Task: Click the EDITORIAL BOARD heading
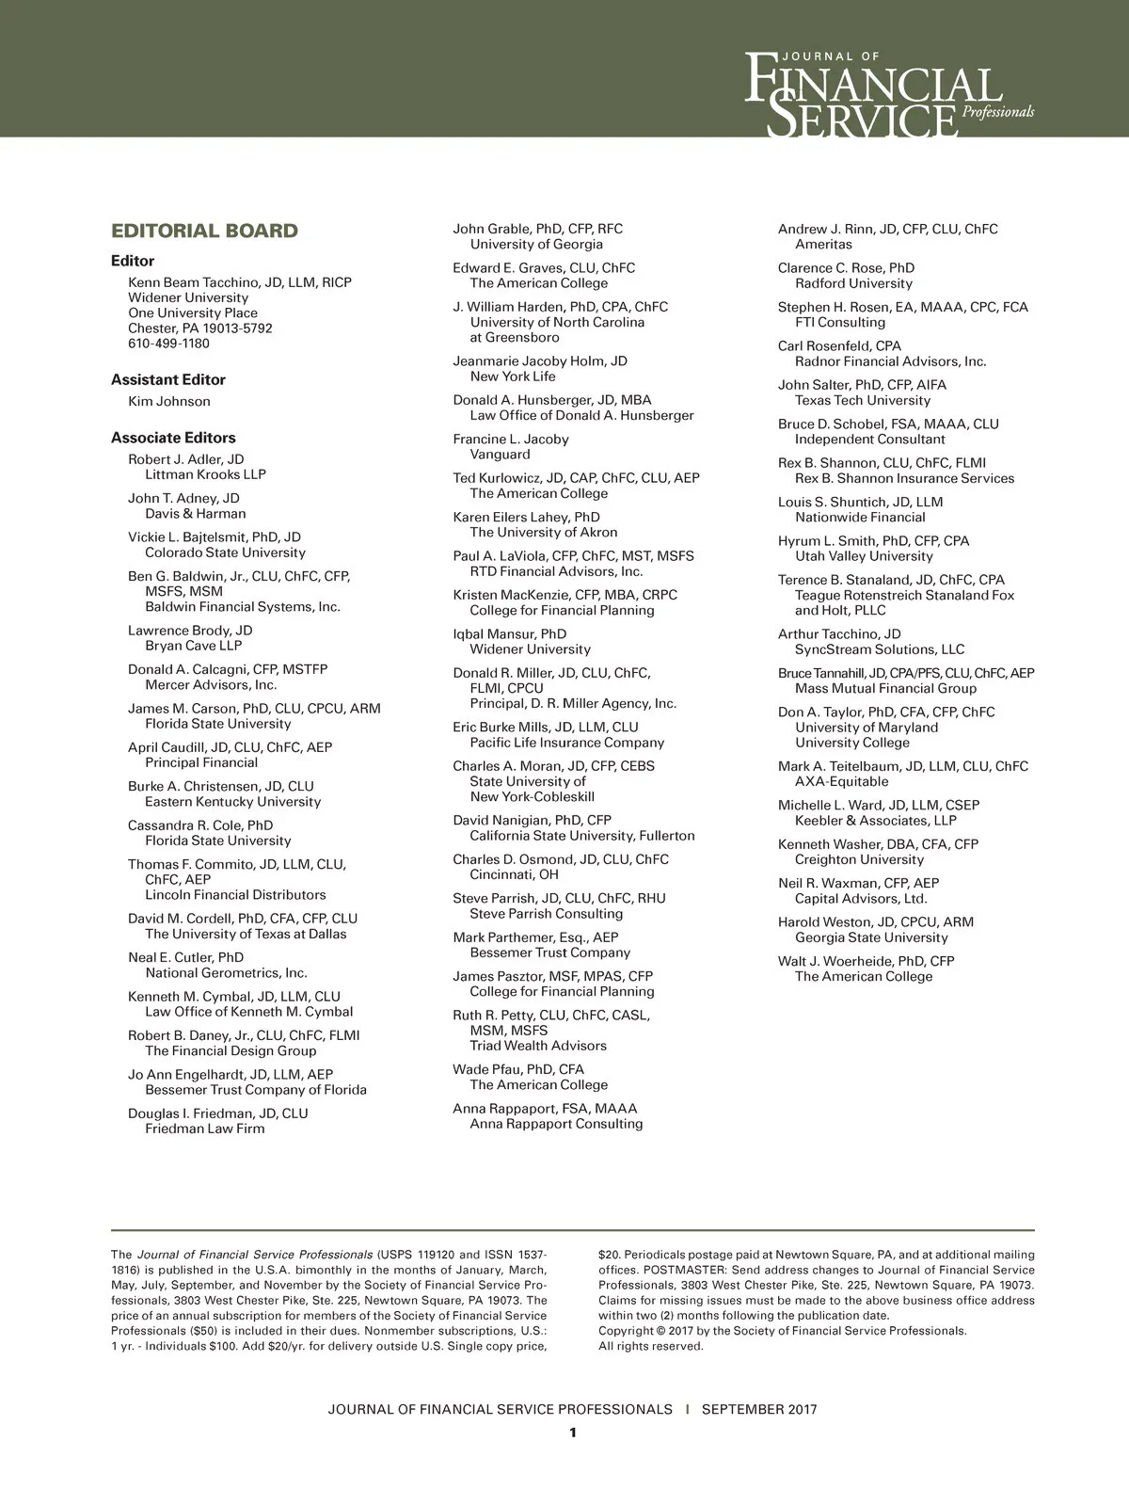click(204, 232)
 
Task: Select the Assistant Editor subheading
click(168, 380)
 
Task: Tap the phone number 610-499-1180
click(169, 344)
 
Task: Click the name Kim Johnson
click(169, 402)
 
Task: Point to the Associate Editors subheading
click(173, 439)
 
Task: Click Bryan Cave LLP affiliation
click(193, 647)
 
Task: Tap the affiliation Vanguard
click(501, 455)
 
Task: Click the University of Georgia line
click(536, 245)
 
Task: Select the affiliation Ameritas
click(823, 245)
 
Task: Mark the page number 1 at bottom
click(572, 1433)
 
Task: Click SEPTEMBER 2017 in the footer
click(759, 1410)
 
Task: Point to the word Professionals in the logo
click(998, 112)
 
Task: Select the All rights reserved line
click(651, 1346)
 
